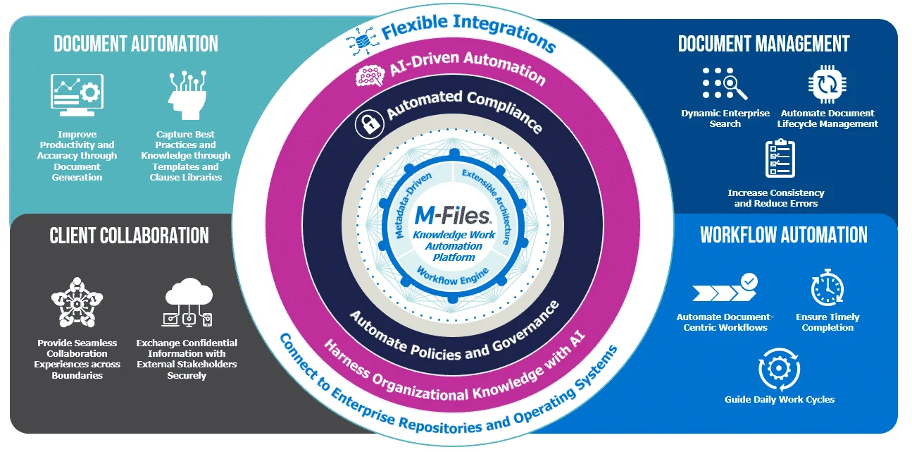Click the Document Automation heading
click(x=136, y=44)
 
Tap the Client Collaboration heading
click(x=129, y=236)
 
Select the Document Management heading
click(x=764, y=44)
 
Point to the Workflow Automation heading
click(x=784, y=235)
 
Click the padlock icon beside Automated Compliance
click(x=368, y=123)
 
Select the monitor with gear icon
click(x=77, y=95)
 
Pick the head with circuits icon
click(x=185, y=95)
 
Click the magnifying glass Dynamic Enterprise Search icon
click(x=725, y=84)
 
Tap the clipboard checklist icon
click(x=780, y=159)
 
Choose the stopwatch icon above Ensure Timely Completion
click(x=827, y=287)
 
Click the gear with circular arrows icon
click(x=779, y=369)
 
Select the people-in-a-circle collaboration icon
click(x=78, y=303)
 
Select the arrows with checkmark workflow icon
click(x=725, y=288)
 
